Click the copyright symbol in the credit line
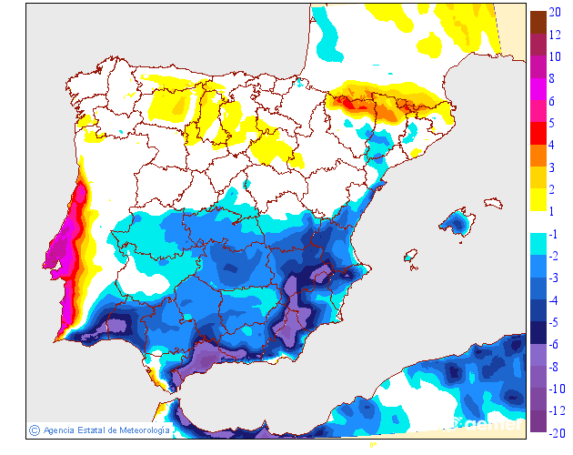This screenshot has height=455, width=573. pyautogui.click(x=34, y=430)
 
